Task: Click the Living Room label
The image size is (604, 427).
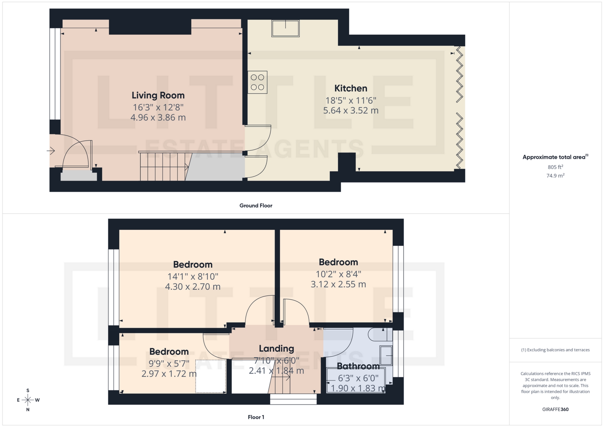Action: (x=158, y=95)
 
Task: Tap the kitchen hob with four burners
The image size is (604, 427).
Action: (x=257, y=82)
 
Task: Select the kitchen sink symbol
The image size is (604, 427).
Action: (x=286, y=28)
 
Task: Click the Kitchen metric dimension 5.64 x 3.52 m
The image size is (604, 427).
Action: (x=351, y=111)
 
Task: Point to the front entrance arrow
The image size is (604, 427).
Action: (x=51, y=151)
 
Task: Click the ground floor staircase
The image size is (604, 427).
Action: (x=164, y=167)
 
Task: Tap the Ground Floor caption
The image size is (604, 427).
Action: (x=256, y=206)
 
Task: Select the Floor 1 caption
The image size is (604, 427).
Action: (x=256, y=417)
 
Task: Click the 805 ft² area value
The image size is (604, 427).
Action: (x=555, y=167)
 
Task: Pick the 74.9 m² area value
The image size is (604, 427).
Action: (x=555, y=176)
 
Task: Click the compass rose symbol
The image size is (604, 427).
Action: (x=28, y=400)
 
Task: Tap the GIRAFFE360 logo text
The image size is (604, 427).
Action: (x=555, y=409)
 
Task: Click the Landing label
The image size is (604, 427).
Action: (x=276, y=348)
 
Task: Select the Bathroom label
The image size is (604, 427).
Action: (x=358, y=366)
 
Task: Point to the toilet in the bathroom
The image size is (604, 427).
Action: (x=380, y=335)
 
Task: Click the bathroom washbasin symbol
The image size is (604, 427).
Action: (x=386, y=355)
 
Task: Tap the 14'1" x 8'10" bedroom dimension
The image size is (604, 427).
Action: (x=193, y=277)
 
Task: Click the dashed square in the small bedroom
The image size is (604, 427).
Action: (x=211, y=376)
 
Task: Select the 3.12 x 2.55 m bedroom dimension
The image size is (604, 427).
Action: (x=338, y=285)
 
